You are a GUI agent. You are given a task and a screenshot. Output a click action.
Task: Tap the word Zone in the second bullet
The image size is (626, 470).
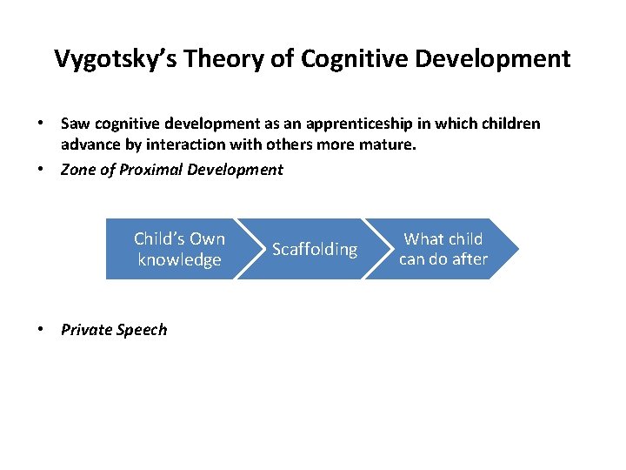point(77,170)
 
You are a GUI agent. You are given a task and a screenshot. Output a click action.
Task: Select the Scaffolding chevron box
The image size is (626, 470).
point(315,250)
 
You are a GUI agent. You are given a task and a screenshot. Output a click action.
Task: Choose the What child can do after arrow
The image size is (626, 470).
point(444,249)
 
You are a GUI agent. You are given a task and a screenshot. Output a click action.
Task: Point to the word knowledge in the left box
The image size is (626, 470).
point(179,260)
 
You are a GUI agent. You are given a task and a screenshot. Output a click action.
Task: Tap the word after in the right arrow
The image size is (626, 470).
point(469,259)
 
